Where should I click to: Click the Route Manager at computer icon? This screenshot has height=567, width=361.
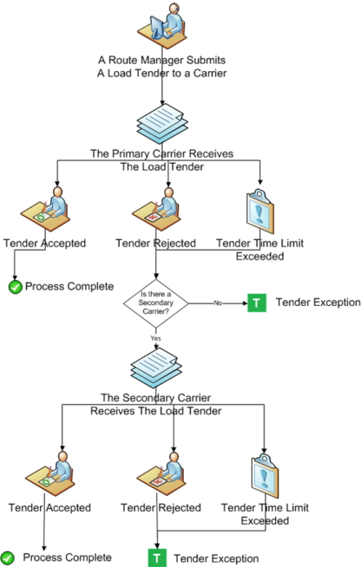click(162, 26)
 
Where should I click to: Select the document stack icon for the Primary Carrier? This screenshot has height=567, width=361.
click(162, 124)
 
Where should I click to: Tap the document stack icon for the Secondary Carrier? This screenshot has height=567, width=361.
click(156, 368)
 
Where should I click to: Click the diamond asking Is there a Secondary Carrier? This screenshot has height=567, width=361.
click(156, 303)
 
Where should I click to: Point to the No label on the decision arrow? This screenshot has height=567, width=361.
click(218, 303)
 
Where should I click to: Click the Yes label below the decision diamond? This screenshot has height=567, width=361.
click(155, 338)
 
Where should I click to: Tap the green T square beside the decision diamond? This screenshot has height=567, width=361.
click(257, 303)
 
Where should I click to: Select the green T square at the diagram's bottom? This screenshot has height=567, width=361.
click(157, 558)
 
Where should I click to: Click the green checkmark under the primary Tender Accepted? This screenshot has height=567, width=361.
click(16, 287)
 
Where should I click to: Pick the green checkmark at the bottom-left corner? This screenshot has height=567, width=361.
click(7, 558)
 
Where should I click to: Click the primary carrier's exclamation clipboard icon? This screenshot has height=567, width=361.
click(260, 212)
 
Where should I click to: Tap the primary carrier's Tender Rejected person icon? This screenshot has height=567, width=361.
click(156, 209)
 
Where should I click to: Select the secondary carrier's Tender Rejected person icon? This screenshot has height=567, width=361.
click(161, 473)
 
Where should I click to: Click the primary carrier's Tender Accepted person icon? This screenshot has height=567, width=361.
click(45, 209)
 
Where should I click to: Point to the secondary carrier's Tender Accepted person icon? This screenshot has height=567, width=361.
click(50, 473)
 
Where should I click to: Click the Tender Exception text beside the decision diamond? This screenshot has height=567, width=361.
click(318, 303)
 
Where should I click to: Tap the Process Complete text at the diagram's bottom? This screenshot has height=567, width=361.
click(68, 557)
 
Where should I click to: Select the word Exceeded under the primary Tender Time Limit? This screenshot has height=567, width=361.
click(260, 257)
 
